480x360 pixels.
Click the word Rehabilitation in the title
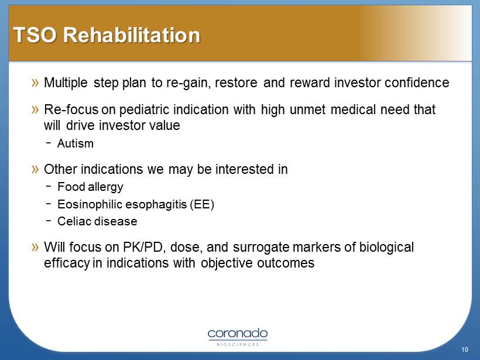pos(132,35)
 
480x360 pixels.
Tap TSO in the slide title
pos(35,35)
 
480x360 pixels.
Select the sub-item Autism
pos(76,143)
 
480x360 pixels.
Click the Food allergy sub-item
pos(90,187)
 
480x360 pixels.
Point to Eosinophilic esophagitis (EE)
pos(136,204)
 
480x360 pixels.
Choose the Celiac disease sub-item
pos(97,221)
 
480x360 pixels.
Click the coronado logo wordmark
pos(238,334)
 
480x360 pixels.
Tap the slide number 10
pos(465,349)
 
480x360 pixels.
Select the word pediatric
pos(143,110)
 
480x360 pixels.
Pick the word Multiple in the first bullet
pos(66,83)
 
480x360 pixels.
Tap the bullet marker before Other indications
pos(35,169)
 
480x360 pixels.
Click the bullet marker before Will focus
pos(35,247)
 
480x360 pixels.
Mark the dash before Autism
pos(49,142)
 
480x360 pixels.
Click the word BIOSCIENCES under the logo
pos(238,344)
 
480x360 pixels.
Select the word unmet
pos(307,109)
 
